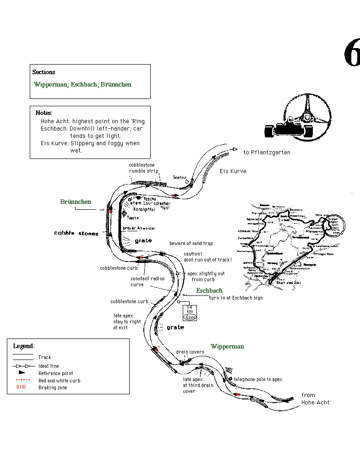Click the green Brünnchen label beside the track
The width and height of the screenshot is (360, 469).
point(76,202)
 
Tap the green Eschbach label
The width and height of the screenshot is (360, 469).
point(209,291)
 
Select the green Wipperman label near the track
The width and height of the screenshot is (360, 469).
point(227,347)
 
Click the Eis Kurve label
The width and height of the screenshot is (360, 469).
point(233,171)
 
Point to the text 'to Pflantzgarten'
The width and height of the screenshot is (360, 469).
point(267,153)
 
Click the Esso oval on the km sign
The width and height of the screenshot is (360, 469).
point(190,317)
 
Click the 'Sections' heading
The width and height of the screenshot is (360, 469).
point(44,72)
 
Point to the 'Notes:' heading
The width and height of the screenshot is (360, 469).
point(44,113)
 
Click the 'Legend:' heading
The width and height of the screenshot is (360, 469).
point(24,346)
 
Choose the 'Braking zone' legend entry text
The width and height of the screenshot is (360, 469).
point(53,387)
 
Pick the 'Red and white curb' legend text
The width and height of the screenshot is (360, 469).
point(59,381)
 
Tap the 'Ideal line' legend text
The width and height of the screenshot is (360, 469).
point(49,366)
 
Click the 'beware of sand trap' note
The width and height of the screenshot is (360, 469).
point(191,243)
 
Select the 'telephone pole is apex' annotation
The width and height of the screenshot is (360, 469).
point(258,380)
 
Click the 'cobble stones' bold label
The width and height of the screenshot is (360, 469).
point(76,234)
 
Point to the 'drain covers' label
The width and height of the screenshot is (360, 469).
point(190,352)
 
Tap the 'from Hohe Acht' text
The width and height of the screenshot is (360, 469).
point(315,399)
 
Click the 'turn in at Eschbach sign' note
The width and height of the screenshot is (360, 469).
point(236,298)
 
